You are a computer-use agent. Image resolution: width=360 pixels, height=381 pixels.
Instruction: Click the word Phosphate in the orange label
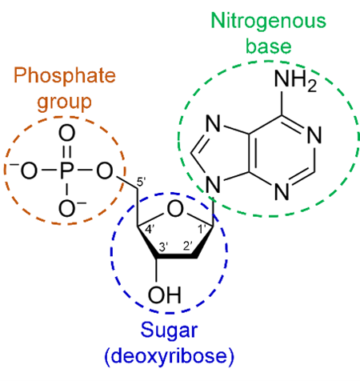click(65, 77)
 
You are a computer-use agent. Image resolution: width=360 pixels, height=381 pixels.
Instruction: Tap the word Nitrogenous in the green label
click(268, 22)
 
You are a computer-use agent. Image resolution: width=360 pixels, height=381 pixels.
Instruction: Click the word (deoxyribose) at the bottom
click(170, 356)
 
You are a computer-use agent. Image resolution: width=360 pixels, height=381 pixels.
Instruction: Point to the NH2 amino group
click(295, 80)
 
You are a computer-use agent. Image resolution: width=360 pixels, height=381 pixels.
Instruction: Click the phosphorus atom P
click(66, 170)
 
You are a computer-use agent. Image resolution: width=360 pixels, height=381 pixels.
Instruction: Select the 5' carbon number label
click(141, 182)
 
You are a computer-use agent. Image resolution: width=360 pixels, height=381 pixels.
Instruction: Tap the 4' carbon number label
click(150, 229)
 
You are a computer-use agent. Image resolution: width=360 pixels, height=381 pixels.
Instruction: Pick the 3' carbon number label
click(163, 247)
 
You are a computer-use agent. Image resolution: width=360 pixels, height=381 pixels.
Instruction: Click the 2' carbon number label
click(188, 246)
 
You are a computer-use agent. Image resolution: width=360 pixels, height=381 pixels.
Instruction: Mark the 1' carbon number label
click(202, 229)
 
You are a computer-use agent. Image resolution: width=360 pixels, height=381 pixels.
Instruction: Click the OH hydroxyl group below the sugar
click(165, 295)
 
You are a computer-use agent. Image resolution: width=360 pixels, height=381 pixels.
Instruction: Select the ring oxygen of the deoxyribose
click(175, 209)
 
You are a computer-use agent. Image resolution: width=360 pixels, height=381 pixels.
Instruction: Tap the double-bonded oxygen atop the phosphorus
click(66, 134)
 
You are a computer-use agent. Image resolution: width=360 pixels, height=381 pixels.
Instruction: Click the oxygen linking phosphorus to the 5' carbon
click(104, 170)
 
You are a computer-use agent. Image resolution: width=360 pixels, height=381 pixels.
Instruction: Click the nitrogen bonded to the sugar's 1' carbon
click(214, 185)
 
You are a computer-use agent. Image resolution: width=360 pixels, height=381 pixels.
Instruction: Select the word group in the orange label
click(65, 102)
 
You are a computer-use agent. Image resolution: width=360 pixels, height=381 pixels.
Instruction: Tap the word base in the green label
click(268, 46)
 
